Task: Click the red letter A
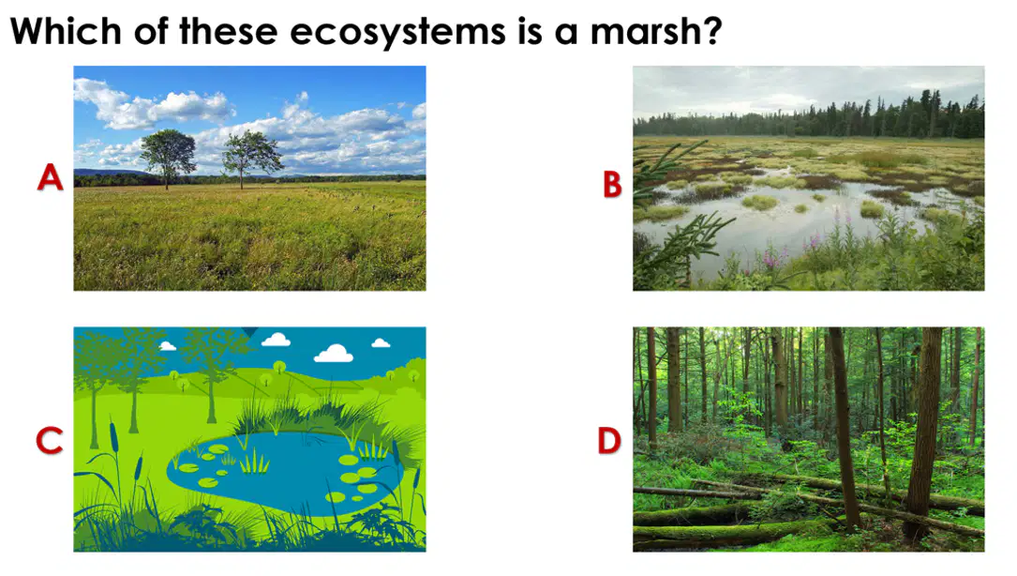[x=50, y=176]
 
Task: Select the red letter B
[x=612, y=184]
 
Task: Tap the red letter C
[x=50, y=441]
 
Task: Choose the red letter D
[x=609, y=441]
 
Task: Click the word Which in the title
[x=66, y=31]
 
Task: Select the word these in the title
[x=229, y=31]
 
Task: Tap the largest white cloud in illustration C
[x=334, y=354]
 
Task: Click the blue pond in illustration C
[x=285, y=472]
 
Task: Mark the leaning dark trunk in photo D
[x=844, y=429]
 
